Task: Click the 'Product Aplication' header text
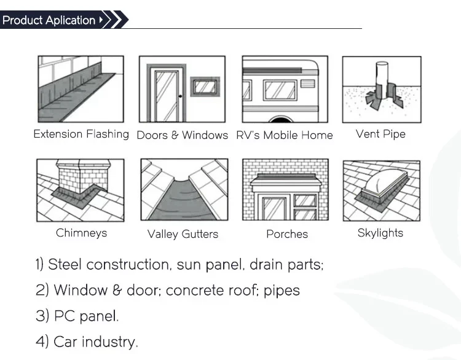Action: (x=49, y=20)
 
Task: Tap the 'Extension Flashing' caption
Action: (x=81, y=134)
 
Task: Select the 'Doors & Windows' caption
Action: (x=182, y=135)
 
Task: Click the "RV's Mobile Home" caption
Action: (x=284, y=135)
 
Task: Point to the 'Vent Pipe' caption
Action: (x=380, y=134)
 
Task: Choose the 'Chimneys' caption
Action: (x=81, y=233)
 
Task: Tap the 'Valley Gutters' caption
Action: (x=183, y=234)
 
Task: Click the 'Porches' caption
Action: (x=287, y=234)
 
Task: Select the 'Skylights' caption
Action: (x=380, y=233)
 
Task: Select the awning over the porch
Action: (x=287, y=182)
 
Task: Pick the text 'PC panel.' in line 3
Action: (x=86, y=316)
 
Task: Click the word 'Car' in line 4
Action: (x=66, y=342)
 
